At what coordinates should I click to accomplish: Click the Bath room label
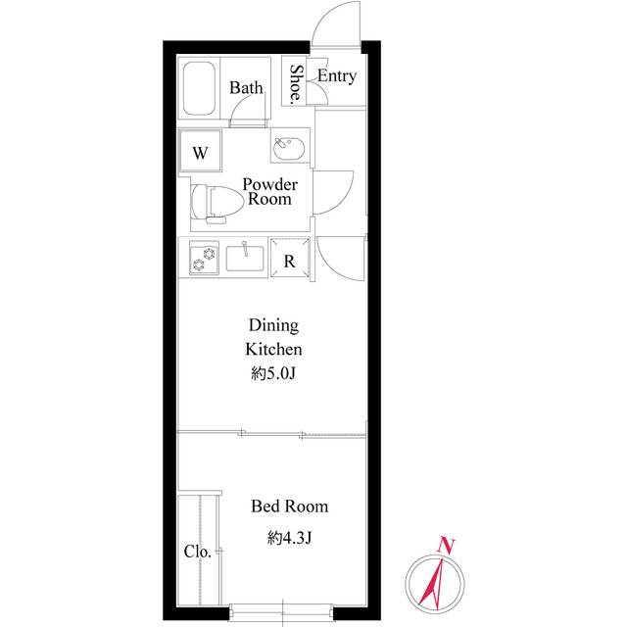click(x=246, y=88)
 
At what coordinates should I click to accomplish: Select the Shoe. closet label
click(x=296, y=84)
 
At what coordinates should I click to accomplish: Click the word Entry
click(x=336, y=76)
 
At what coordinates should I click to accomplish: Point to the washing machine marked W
click(x=201, y=153)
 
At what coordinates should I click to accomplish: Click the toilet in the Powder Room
click(x=211, y=203)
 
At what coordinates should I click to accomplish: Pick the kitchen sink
click(x=245, y=259)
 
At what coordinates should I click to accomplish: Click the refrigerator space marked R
click(x=290, y=261)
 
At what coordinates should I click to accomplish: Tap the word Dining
click(x=273, y=325)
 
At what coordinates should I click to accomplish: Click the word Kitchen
click(x=273, y=349)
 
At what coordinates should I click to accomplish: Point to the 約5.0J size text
click(x=273, y=373)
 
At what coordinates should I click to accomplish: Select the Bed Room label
click(x=289, y=506)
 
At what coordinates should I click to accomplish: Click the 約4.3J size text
click(x=290, y=538)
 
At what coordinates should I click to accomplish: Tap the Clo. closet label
click(x=197, y=552)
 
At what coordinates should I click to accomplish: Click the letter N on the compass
click(x=446, y=544)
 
